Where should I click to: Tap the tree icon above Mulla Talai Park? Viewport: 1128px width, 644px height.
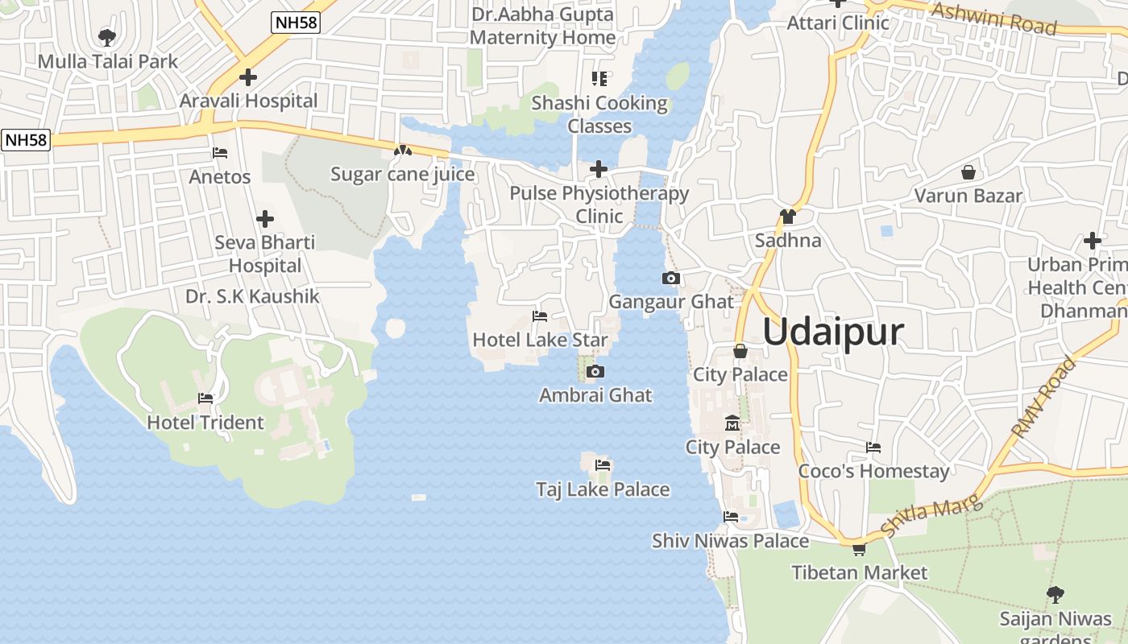point(106,37)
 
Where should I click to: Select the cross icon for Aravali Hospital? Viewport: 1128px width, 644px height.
point(248,77)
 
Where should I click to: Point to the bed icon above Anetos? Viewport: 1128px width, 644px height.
point(220,153)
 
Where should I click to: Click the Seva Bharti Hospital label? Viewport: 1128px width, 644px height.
point(264,254)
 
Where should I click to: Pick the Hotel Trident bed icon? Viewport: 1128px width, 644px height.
point(205,398)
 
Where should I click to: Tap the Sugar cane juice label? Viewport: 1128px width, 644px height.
point(403,174)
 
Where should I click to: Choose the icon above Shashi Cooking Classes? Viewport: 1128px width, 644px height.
point(599,79)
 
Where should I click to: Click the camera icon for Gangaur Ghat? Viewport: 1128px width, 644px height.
point(670,279)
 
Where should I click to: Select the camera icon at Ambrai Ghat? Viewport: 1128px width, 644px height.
point(595,372)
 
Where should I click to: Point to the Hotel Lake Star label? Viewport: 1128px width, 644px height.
point(540,340)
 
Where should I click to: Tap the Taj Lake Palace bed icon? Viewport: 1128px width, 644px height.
point(603,465)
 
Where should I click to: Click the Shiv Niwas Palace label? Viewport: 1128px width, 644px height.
point(730,541)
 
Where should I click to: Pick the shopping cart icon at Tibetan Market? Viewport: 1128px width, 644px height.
point(859,549)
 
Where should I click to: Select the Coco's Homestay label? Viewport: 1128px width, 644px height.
point(873,471)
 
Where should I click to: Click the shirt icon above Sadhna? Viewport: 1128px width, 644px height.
point(787,217)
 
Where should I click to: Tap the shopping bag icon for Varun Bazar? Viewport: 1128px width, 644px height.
point(968,172)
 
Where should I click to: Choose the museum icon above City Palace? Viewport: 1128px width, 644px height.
point(732,423)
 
